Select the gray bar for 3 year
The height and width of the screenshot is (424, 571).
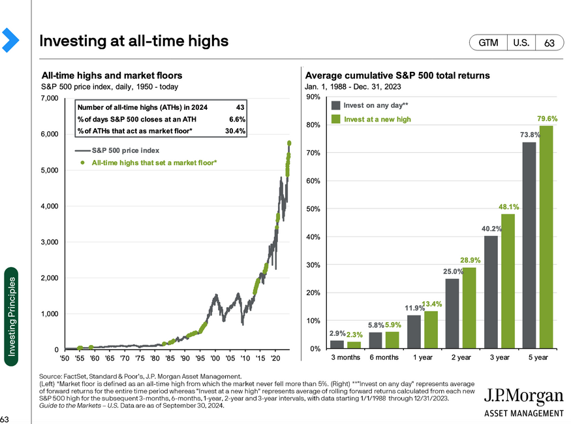point(491,292)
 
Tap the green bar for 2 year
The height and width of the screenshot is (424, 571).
point(469,308)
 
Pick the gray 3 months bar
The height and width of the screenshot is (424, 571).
point(337,344)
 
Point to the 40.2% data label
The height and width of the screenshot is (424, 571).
point(492,229)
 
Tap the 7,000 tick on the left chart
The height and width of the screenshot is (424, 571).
point(49,99)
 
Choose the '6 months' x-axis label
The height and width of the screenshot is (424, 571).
point(384,357)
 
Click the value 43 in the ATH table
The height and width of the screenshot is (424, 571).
point(239,107)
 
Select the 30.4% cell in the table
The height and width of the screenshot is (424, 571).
point(235,131)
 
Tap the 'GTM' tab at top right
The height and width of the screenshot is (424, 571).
point(488,43)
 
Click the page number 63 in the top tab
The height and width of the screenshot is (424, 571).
point(549,43)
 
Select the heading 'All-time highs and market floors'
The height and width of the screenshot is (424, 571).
point(112,76)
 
